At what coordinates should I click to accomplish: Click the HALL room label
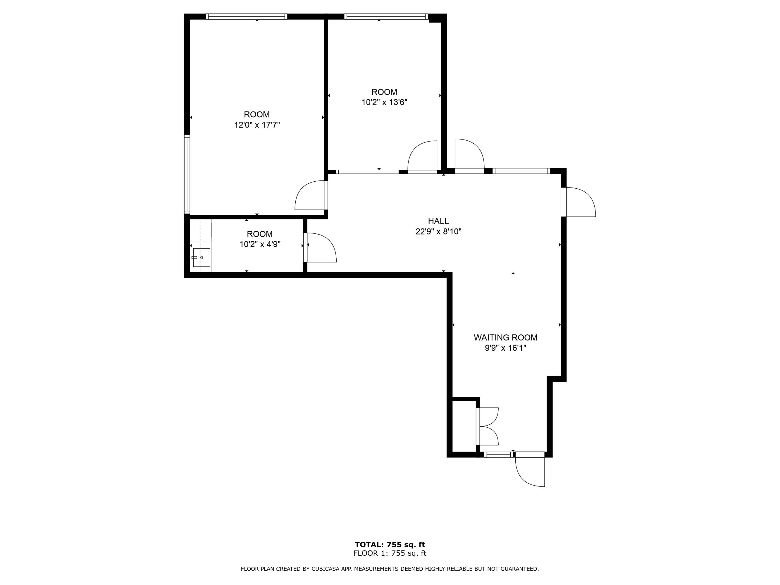[438, 221]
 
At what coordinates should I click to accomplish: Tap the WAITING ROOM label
[505, 338]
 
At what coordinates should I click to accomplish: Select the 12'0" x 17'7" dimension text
[257, 125]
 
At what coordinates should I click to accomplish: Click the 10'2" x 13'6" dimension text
[384, 102]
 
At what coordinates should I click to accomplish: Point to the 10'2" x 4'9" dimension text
[260, 244]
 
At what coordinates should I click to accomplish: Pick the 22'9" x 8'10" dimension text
[438, 232]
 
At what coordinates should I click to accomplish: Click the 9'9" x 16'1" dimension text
[505, 348]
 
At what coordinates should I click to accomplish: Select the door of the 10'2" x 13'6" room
[422, 156]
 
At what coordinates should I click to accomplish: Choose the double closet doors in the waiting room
[487, 426]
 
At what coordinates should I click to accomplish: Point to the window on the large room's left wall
[187, 174]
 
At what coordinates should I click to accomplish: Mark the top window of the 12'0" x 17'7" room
[247, 17]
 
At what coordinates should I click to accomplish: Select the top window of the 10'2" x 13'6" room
[386, 17]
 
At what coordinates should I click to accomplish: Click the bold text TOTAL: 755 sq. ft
[390, 544]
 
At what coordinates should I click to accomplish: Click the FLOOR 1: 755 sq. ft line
[390, 553]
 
